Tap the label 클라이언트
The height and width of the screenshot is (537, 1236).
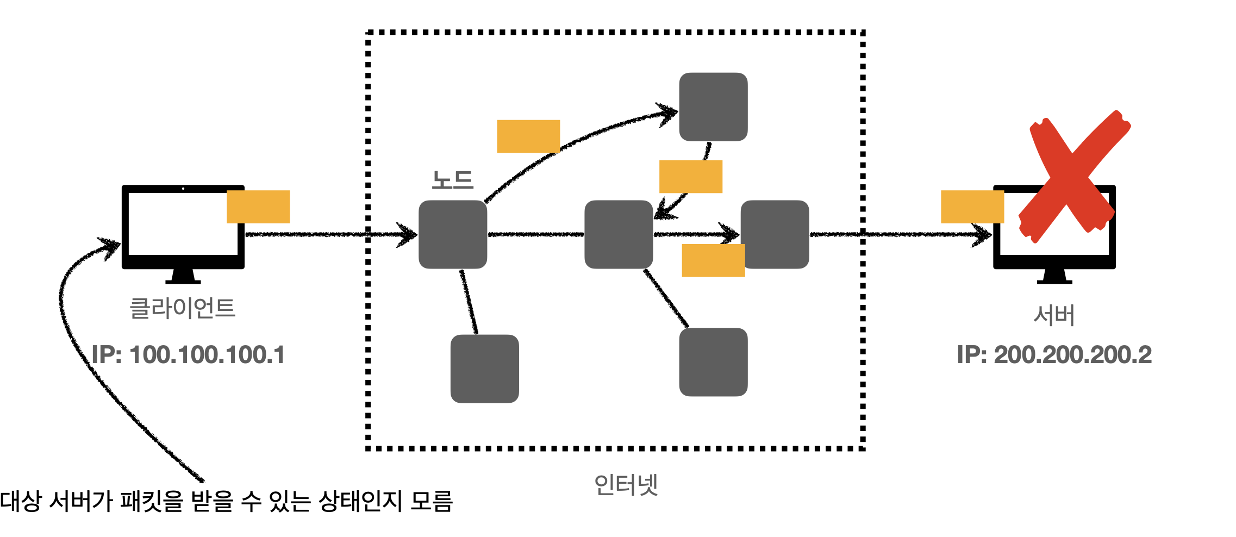click(182, 308)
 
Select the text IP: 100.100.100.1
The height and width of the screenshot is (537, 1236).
click(188, 355)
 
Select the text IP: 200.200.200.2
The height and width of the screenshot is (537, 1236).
click(1054, 355)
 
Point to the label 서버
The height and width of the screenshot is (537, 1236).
click(1054, 315)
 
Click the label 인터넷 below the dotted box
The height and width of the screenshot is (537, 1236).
click(626, 484)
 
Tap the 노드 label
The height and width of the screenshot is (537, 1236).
click(452, 180)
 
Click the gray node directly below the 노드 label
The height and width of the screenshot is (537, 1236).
click(452, 234)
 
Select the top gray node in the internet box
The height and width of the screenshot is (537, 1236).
click(713, 107)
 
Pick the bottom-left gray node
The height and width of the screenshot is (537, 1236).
click(484, 369)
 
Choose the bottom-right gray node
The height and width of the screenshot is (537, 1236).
click(713, 362)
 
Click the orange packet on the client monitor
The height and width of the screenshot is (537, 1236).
click(258, 207)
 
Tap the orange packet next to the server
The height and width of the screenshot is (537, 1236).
click(972, 207)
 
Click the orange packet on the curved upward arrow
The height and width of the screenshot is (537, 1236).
click(528, 136)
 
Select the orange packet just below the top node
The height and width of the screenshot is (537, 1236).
click(690, 176)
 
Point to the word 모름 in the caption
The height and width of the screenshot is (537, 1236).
click(431, 501)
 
